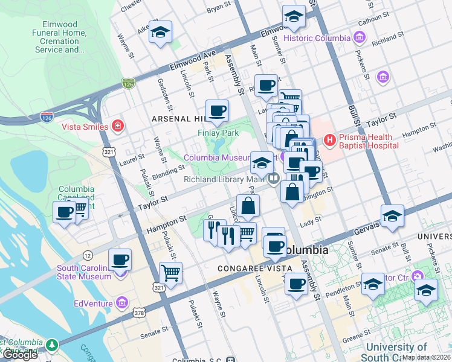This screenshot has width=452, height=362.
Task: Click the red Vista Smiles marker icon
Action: (118, 126)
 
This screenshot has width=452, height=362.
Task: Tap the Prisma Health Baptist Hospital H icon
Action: (330, 141)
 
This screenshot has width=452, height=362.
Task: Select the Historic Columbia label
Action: (317, 38)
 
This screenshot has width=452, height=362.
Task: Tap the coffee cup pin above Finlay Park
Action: (217, 110)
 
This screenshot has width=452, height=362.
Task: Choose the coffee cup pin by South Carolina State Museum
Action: (120, 259)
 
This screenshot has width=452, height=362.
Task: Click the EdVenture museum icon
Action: (122, 301)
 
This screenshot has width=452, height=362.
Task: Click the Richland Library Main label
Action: (225, 179)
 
